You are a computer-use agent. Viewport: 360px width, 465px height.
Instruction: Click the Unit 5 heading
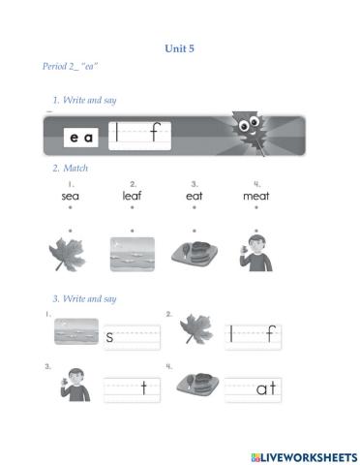[x=179, y=48]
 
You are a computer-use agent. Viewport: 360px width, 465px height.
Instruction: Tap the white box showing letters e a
[x=81, y=138]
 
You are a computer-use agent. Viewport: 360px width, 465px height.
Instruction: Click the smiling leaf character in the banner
[x=249, y=132]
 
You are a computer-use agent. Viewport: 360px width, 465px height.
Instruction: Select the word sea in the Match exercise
[x=71, y=196]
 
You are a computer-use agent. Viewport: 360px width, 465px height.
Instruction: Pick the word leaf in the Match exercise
[x=132, y=196]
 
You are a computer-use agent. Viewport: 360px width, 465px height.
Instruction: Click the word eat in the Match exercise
[x=195, y=196]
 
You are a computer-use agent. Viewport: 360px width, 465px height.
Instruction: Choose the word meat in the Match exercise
[x=256, y=196]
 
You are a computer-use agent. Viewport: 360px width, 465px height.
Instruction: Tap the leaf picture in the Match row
[x=68, y=255]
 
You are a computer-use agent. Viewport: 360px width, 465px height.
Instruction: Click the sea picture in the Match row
[x=133, y=255]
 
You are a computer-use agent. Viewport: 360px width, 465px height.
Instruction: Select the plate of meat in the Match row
[x=195, y=253]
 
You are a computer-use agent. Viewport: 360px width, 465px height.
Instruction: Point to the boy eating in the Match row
[x=256, y=254]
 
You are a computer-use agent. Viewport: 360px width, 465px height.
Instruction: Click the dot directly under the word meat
[x=256, y=207]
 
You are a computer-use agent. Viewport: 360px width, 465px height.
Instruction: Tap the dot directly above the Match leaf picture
[x=71, y=231]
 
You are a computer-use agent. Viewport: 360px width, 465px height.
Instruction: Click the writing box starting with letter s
[x=132, y=337]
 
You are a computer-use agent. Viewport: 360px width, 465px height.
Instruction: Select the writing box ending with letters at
[x=253, y=389]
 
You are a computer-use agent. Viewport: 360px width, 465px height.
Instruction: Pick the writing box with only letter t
[x=132, y=390]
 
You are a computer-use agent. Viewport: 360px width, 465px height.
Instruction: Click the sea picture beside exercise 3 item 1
[x=76, y=331]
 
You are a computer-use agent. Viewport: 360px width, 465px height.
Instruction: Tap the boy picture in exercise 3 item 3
[x=75, y=385]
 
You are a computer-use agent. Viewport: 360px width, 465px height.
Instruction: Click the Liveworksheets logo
[x=304, y=457]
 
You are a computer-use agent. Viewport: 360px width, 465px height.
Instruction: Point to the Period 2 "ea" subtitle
[x=70, y=67]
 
